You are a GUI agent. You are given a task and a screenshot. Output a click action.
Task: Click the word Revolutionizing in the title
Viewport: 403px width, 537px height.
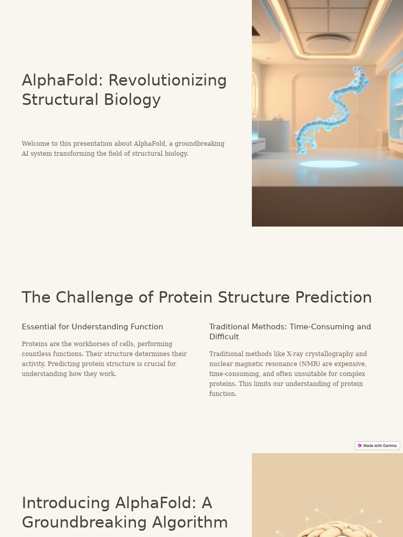(x=167, y=80)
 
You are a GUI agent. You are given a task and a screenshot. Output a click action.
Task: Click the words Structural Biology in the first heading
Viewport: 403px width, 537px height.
(x=91, y=100)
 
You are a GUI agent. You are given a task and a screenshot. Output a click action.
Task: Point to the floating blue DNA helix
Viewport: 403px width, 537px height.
(x=331, y=110)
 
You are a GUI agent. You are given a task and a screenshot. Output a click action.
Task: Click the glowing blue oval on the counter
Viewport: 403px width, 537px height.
(x=329, y=164)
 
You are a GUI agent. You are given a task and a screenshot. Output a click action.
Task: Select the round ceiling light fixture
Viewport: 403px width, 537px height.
(x=328, y=43)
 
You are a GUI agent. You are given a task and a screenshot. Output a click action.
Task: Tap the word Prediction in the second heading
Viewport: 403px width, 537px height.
(x=333, y=297)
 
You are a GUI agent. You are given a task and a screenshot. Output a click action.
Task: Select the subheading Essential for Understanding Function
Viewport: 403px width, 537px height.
(x=92, y=327)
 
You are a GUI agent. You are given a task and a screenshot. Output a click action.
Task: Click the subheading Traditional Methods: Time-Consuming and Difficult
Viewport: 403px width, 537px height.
(x=290, y=331)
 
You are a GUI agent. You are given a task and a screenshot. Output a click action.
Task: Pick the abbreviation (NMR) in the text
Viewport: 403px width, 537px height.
(x=310, y=364)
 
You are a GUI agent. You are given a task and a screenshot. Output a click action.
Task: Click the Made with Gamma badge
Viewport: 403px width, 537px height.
(x=377, y=446)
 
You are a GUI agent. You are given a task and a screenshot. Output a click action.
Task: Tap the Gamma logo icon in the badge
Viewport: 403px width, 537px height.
(x=360, y=446)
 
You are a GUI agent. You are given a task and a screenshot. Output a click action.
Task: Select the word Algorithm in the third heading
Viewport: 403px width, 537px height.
(x=189, y=522)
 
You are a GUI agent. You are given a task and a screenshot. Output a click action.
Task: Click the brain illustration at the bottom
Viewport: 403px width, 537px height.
(x=336, y=527)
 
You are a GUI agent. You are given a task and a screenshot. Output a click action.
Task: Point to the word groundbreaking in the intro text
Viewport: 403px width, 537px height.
(x=199, y=144)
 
